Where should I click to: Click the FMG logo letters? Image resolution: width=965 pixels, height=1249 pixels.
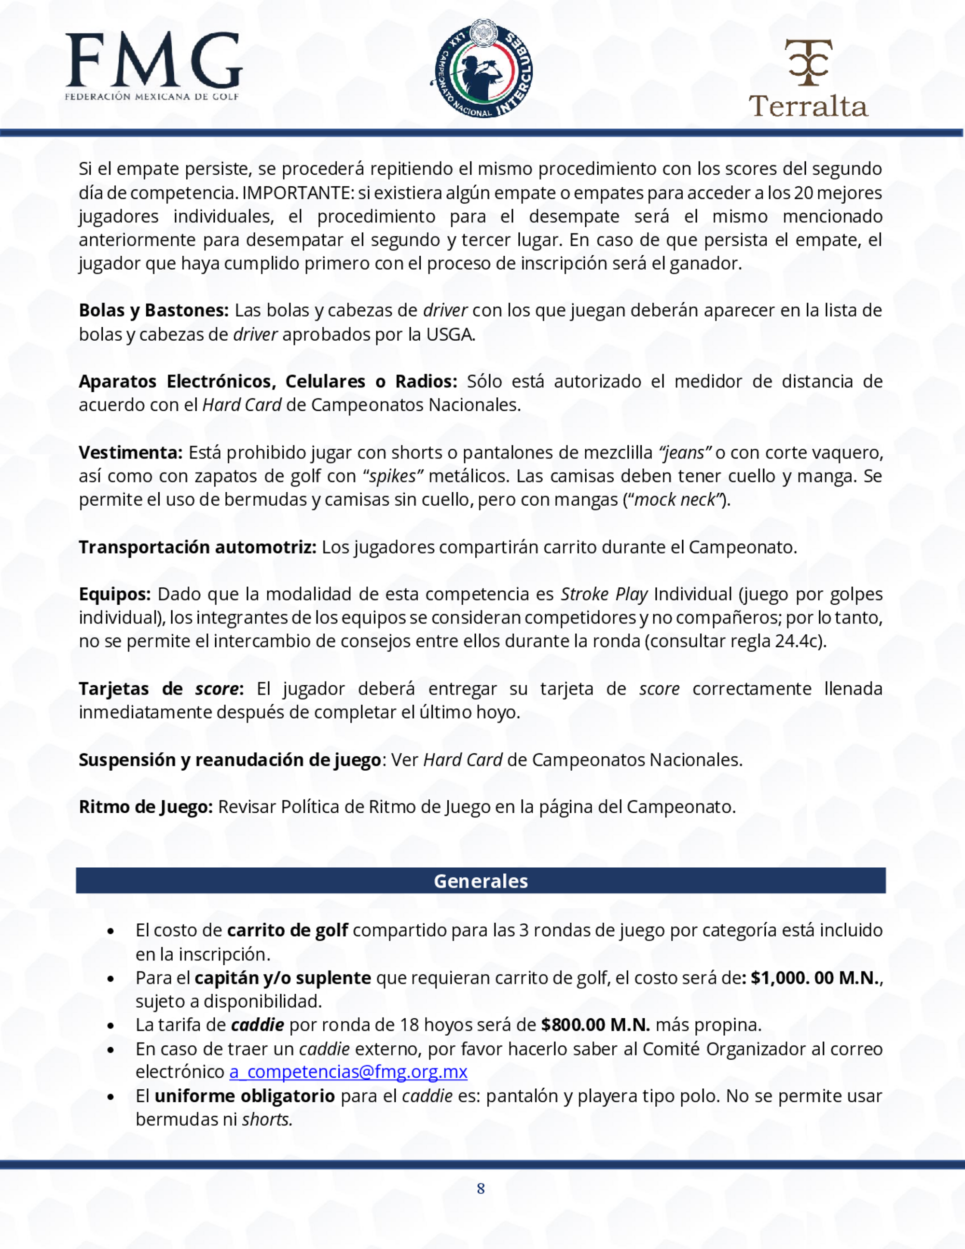153,61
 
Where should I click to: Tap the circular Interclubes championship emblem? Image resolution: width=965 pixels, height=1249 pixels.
482,68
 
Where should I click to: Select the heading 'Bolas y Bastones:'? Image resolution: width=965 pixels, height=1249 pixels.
154,310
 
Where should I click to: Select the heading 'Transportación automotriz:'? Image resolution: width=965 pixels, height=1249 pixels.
198,547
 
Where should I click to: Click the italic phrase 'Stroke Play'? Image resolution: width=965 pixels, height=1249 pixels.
604,594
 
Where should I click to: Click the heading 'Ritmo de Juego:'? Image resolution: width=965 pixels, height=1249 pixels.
146,807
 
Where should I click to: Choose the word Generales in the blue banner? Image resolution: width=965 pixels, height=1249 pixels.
481,881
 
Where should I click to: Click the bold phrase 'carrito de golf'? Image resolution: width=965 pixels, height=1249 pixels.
288,930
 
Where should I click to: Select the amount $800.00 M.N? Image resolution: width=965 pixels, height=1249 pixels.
595,1025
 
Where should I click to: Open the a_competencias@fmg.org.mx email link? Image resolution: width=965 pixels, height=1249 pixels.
348,1072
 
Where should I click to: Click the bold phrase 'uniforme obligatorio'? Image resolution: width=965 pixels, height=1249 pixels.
245,1096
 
